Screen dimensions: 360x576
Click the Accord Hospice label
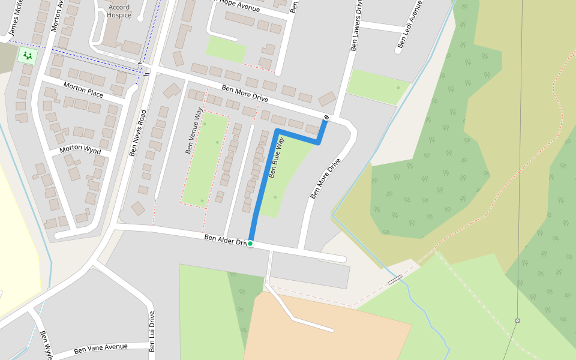pyautogui.click(x=119, y=11)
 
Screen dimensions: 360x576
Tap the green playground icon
pyautogui.click(x=26, y=56)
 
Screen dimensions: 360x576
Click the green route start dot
pyautogui.click(x=250, y=244)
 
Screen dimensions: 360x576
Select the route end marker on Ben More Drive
pyautogui.click(x=326, y=117)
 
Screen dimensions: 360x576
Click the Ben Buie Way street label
pyautogui.click(x=276, y=157)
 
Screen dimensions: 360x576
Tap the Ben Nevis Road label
pyautogui.click(x=138, y=133)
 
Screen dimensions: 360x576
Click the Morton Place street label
pyautogui.click(x=83, y=90)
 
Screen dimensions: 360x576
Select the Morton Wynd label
pyautogui.click(x=80, y=149)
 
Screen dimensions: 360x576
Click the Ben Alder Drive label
pyautogui.click(x=226, y=240)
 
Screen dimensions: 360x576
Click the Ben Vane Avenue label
pyautogui.click(x=101, y=348)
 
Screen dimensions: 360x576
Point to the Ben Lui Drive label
pyautogui.click(x=152, y=332)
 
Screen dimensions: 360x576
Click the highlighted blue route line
pyautogui.click(x=262, y=186)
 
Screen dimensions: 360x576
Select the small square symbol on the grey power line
pyautogui.click(x=517, y=320)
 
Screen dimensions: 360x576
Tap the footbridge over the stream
pyautogui.click(x=394, y=279)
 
